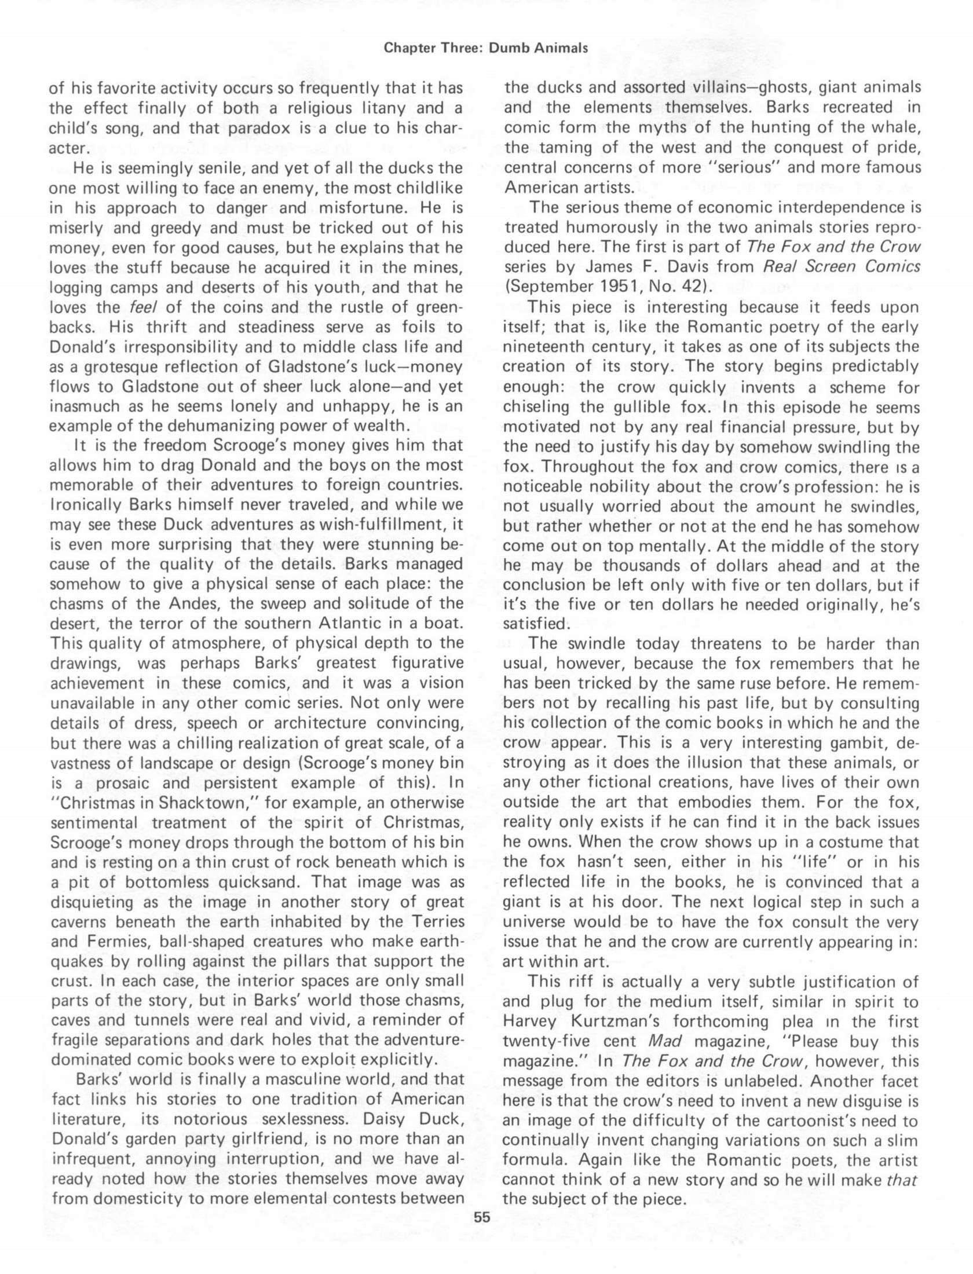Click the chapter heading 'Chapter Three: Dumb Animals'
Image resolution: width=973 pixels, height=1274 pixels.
[486, 49]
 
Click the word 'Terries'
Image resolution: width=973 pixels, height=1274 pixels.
[436, 922]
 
